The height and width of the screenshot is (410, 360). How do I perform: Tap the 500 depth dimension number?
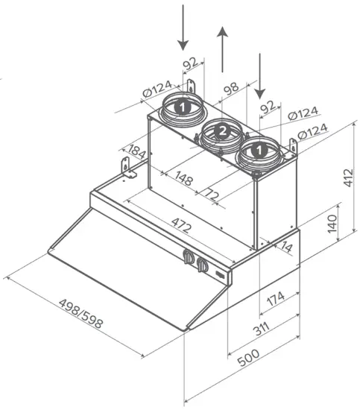(248, 358)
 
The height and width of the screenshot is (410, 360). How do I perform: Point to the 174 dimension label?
(276, 299)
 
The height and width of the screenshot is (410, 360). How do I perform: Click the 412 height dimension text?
(348, 178)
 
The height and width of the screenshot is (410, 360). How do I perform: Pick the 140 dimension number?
(332, 224)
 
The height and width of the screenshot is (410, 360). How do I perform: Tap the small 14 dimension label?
(286, 247)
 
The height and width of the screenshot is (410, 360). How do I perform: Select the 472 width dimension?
(181, 225)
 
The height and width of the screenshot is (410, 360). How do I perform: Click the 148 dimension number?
(184, 178)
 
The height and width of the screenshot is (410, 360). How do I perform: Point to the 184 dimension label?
(136, 151)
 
